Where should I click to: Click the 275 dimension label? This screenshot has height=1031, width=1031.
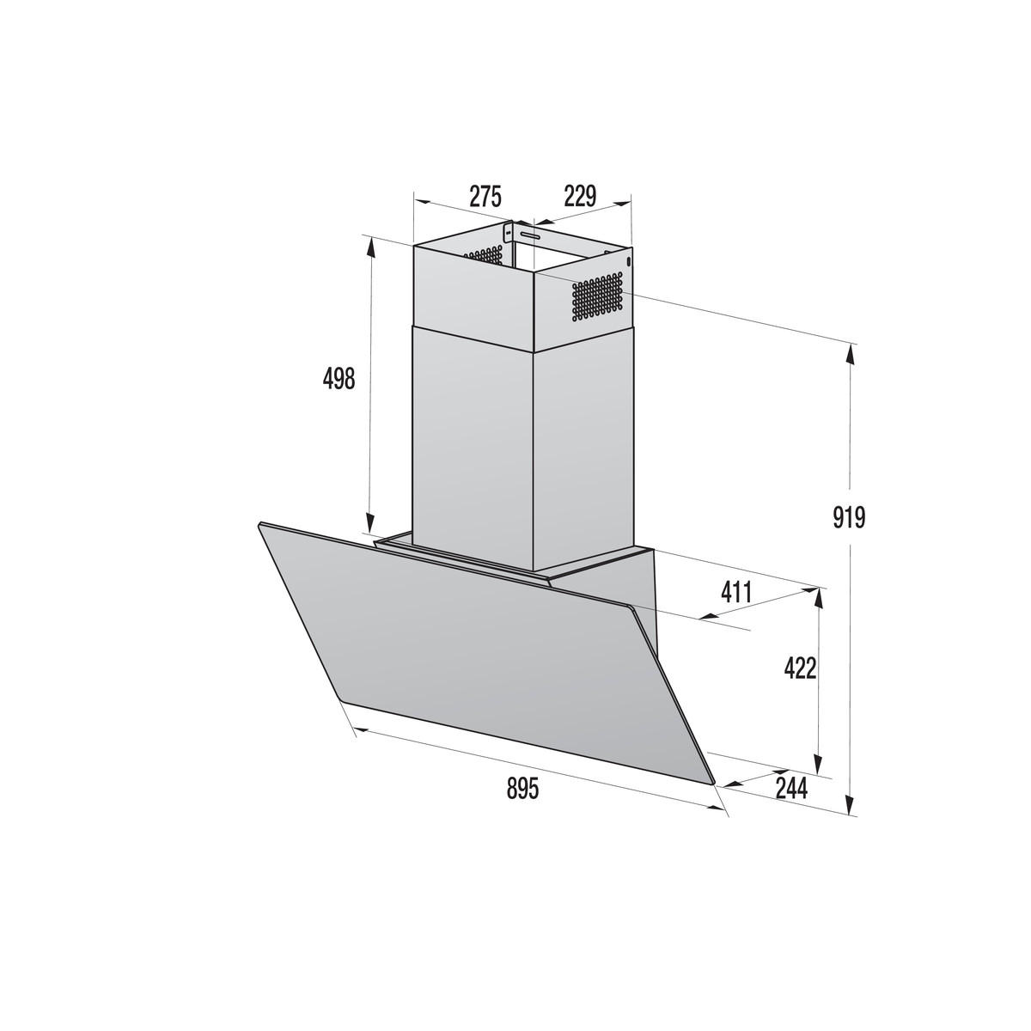[485, 197]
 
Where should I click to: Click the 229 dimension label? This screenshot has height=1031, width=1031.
[580, 197]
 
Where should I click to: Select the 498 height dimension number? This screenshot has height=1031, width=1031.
[338, 378]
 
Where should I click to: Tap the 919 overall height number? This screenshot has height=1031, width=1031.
[849, 517]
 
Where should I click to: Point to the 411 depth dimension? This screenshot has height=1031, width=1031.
[736, 592]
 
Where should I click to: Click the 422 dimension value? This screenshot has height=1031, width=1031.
[799, 668]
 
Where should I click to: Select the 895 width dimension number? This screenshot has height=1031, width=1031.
[522, 788]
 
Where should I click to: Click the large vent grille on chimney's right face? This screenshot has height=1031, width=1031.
[596, 297]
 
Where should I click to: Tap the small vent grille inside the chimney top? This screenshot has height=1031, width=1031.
[485, 255]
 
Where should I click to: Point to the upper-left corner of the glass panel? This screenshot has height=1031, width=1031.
[259, 523]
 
